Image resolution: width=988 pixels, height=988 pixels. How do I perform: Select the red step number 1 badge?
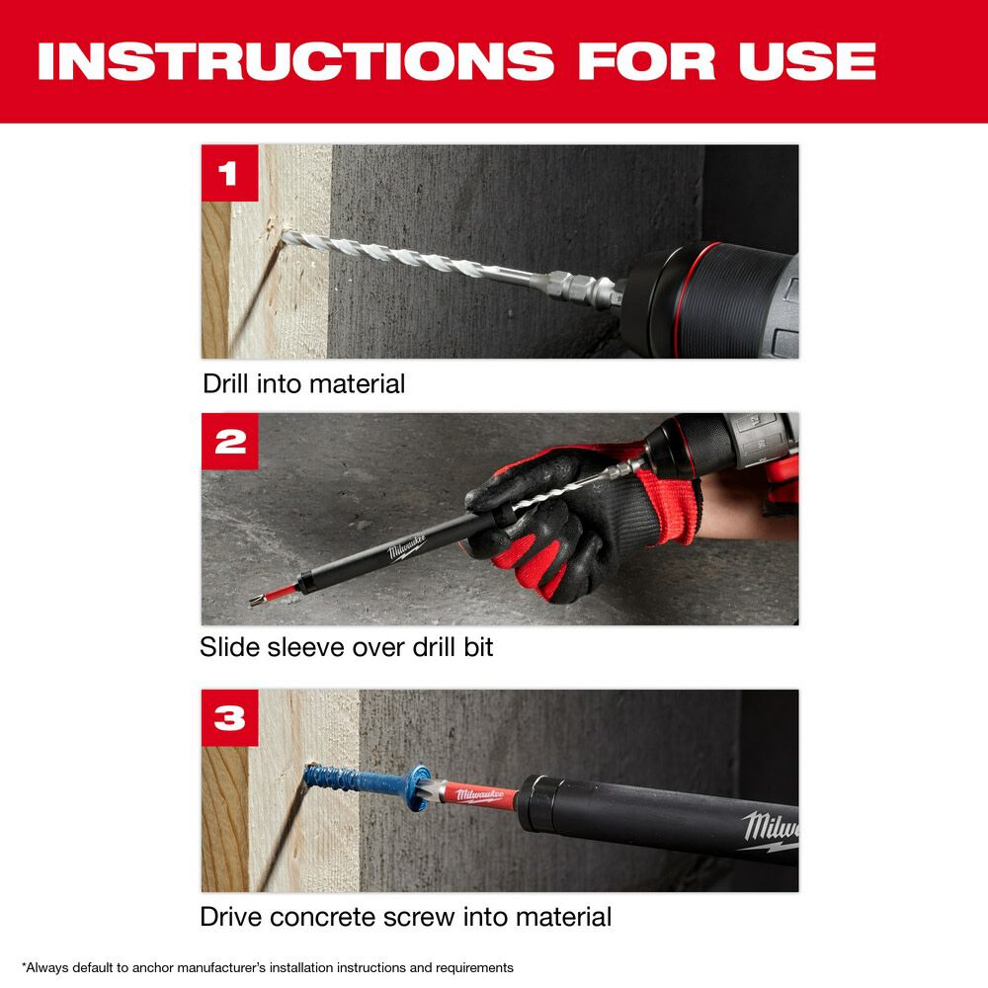click(229, 173)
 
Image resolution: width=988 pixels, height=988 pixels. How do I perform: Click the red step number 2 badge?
click(229, 441)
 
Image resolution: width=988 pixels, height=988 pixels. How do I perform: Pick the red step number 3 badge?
click(229, 717)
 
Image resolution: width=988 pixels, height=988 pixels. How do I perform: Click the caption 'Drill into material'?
click(303, 383)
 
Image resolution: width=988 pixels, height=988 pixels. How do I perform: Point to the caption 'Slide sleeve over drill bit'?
click(346, 647)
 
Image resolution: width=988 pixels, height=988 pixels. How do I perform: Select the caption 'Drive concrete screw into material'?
click(405, 917)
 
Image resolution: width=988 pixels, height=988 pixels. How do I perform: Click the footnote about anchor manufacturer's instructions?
click(267, 967)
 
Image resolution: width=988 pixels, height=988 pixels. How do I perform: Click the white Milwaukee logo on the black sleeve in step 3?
click(771, 828)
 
